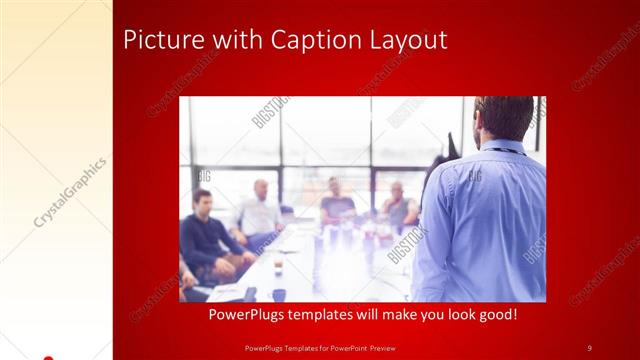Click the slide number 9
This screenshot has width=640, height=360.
coord(589,347)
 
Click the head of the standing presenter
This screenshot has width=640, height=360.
coord(503,118)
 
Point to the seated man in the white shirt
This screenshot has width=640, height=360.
coord(259,213)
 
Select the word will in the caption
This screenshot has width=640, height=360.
coord(385,315)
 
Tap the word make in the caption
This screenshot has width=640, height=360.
coord(415,315)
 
